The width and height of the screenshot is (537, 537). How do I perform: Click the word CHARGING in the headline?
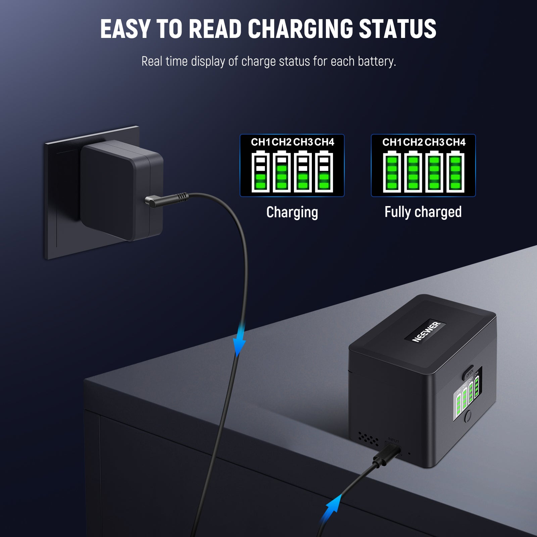[300, 29]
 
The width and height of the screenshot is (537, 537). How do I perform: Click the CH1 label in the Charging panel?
[260, 142]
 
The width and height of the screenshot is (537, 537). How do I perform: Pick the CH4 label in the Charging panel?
[324, 142]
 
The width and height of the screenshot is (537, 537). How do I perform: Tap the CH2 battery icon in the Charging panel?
[282, 172]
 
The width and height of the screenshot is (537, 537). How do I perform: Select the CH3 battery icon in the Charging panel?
[303, 172]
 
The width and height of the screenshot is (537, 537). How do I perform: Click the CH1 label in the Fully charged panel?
[392, 142]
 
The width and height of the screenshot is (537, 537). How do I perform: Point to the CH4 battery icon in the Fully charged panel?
[455, 172]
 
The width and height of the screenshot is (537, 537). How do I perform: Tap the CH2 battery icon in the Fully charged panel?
[413, 172]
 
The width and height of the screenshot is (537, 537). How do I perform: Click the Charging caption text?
[292, 212]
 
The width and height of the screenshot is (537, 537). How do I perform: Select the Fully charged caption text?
[423, 212]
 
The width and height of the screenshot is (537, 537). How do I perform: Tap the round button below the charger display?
[468, 416]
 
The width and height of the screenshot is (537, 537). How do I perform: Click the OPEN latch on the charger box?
[469, 373]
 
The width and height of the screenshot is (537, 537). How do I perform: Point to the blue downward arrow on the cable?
[239, 342]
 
